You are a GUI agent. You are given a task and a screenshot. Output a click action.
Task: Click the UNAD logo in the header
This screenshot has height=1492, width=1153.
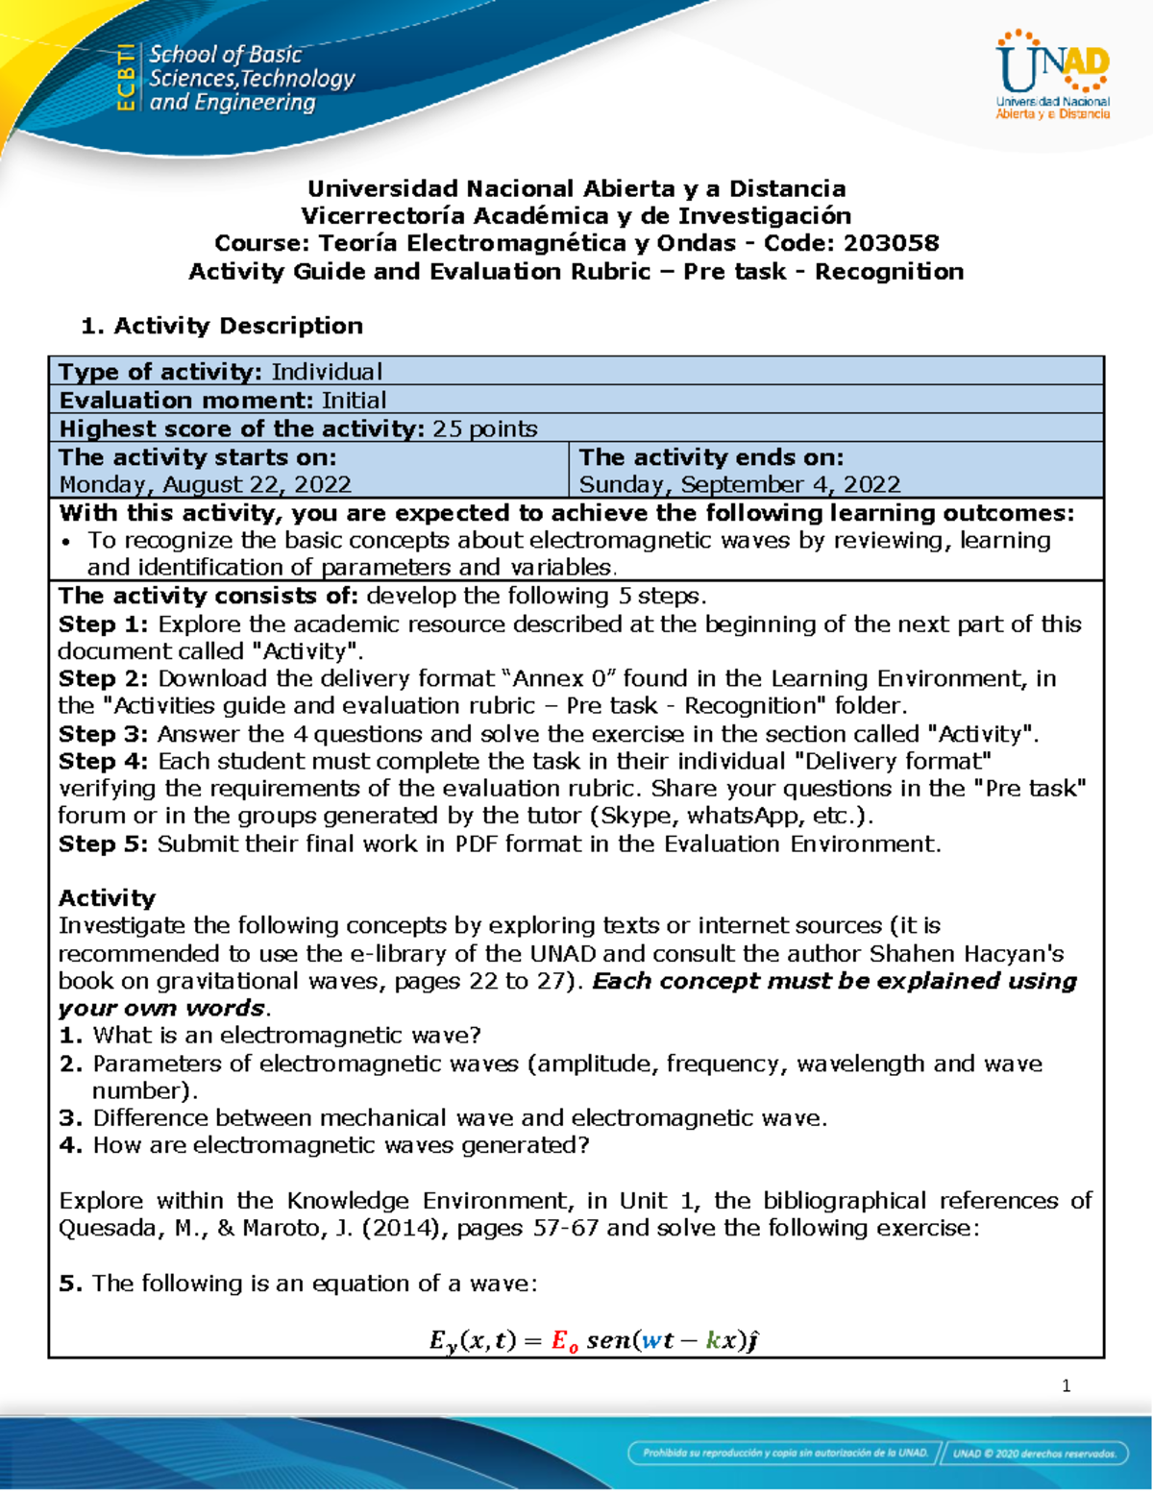(1052, 76)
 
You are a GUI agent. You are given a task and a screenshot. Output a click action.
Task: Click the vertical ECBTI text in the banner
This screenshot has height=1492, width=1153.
(125, 78)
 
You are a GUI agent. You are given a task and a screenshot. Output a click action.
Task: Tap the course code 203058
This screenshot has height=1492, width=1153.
(891, 243)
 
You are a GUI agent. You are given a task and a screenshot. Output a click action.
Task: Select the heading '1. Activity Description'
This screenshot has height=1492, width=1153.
(222, 326)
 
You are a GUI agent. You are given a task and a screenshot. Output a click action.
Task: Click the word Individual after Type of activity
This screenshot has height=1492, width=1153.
(327, 372)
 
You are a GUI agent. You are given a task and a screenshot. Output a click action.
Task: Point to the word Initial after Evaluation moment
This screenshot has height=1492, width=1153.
(354, 400)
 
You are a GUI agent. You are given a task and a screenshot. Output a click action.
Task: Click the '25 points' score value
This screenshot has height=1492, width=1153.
(484, 428)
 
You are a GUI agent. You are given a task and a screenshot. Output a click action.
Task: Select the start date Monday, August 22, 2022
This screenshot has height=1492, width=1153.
(205, 484)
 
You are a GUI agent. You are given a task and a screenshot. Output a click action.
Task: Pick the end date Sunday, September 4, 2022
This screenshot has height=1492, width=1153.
(739, 484)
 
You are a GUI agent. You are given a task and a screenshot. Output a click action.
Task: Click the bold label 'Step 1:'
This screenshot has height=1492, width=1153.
(103, 624)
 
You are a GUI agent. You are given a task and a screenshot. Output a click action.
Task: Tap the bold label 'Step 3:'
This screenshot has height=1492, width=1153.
(103, 734)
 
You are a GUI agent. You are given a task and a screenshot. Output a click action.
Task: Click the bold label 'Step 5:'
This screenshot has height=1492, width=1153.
(103, 844)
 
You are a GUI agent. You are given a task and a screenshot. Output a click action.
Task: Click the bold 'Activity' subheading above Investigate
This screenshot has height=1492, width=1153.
(107, 898)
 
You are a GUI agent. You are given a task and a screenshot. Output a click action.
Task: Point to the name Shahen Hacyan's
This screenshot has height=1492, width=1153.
(967, 953)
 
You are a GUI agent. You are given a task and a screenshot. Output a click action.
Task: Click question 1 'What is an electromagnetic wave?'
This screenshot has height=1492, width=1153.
(286, 1035)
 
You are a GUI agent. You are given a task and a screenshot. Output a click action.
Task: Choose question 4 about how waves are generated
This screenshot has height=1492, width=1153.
(341, 1145)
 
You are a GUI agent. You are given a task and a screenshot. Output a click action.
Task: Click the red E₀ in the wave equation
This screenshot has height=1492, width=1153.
(565, 1340)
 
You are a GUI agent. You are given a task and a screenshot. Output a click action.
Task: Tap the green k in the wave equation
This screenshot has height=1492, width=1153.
(713, 1340)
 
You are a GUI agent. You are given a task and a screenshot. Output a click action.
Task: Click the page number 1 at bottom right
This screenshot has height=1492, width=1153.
(1066, 1385)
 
